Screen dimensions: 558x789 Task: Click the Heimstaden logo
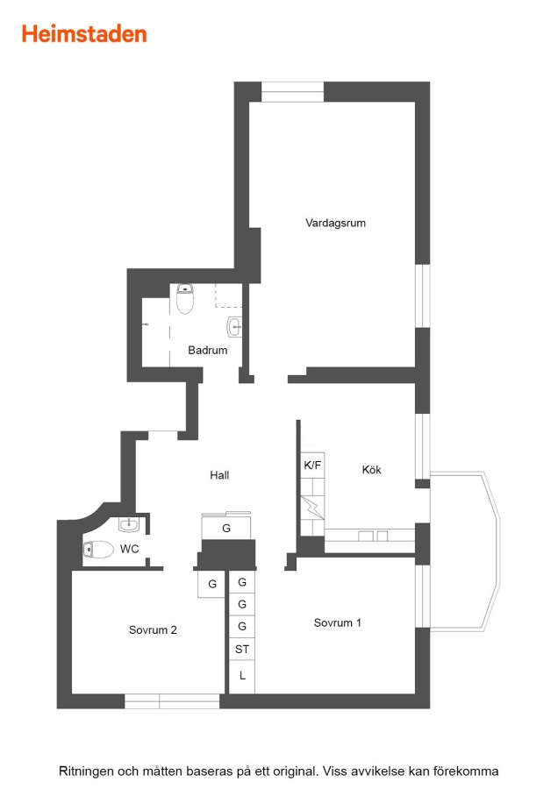84,34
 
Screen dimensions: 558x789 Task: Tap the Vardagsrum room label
335,223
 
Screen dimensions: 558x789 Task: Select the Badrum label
207,350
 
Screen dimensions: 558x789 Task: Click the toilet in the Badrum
185,298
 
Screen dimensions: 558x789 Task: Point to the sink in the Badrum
234,327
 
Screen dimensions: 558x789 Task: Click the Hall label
219,475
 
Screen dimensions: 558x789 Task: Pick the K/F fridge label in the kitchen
312,466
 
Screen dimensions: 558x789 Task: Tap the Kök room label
372,470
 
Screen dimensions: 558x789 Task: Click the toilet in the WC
98,550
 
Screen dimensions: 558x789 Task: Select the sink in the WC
129,525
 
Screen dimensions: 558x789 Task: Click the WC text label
130,549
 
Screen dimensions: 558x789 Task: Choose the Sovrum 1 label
338,623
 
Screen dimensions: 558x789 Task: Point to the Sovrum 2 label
153,630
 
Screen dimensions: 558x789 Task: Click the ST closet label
242,649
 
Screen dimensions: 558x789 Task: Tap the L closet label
242,676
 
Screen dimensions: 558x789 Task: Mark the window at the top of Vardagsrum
292,91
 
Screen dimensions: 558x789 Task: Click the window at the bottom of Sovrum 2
172,701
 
